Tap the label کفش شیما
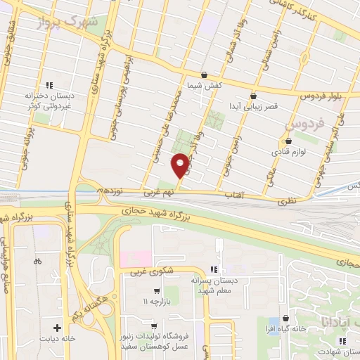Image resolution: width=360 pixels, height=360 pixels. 203,85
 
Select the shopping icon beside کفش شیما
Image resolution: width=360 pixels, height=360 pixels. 204,75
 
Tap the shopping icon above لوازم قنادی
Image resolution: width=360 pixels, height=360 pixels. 288,141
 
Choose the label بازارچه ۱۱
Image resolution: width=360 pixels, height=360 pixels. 155,302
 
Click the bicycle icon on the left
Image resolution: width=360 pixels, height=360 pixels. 37,262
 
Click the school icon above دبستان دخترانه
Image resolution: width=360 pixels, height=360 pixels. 49,85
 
